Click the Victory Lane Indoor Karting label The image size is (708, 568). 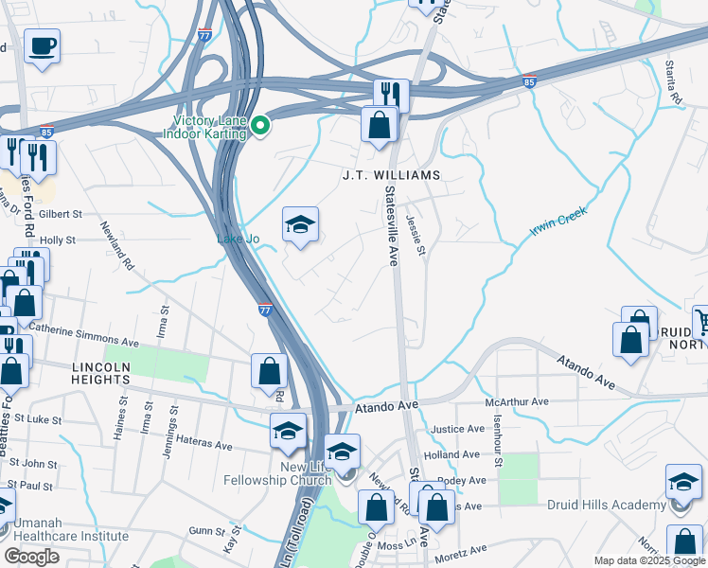tap(209, 127)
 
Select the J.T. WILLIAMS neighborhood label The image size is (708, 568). tap(392, 176)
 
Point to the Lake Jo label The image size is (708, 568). tap(239, 239)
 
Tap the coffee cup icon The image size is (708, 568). tap(42, 45)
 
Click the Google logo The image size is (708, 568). tap(32, 557)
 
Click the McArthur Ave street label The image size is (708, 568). tap(516, 402)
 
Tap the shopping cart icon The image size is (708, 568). tap(701, 321)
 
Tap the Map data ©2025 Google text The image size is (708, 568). tap(649, 560)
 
